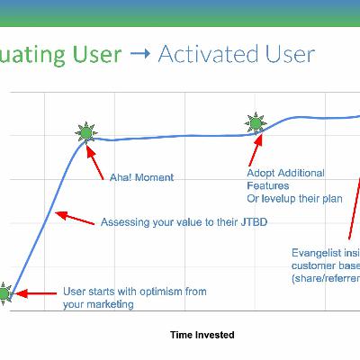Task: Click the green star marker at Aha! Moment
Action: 85,133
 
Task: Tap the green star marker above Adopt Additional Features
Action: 256,123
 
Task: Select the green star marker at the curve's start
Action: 3,293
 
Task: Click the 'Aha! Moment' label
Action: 141,178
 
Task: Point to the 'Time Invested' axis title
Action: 202,335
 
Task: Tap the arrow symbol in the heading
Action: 139,55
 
